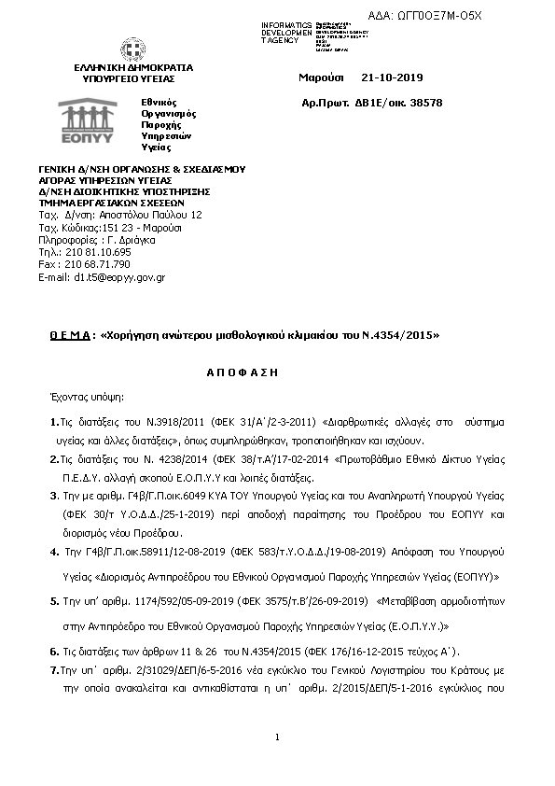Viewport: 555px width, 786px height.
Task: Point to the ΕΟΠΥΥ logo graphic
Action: [x=86, y=119]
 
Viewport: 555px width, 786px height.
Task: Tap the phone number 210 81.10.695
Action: [x=96, y=252]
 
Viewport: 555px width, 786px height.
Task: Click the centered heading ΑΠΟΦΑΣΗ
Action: [x=243, y=371]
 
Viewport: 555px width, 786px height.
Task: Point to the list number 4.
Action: [x=53, y=554]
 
